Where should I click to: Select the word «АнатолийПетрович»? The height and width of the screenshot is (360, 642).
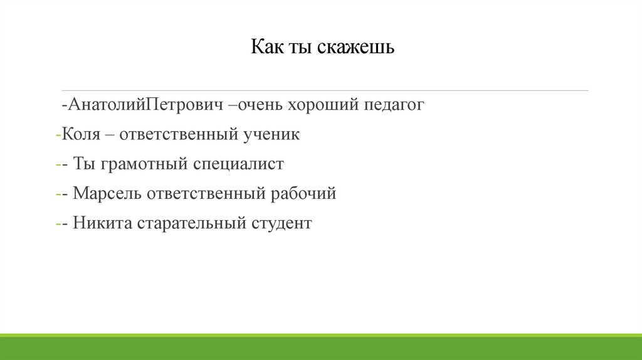pos(147,105)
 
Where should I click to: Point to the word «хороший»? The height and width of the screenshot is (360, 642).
pos(322,105)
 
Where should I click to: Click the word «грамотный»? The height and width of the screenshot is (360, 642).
pos(144,164)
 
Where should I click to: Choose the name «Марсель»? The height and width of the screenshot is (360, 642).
pos(107,194)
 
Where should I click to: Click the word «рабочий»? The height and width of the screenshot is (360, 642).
pos(303,194)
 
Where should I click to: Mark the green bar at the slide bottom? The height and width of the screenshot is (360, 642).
pos(321,348)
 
